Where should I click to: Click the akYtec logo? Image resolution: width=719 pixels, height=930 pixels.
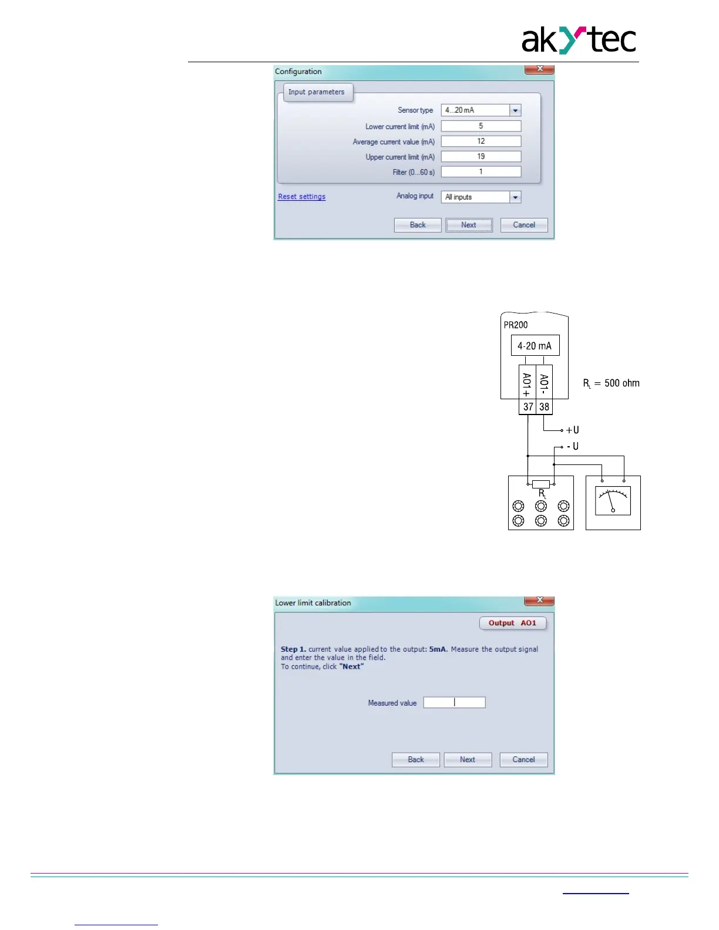(x=579, y=40)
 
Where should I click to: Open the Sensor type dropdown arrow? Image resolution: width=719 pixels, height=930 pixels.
(x=515, y=110)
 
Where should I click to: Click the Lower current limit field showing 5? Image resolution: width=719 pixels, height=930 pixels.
(x=481, y=126)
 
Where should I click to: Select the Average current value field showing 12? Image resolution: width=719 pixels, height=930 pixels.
(x=481, y=141)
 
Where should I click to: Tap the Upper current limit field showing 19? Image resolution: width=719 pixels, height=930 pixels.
(x=481, y=157)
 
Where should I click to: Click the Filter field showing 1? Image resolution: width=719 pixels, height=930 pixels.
(x=481, y=172)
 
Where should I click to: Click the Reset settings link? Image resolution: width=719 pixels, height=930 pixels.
(x=301, y=197)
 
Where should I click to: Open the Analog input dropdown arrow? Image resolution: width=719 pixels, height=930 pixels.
(x=515, y=197)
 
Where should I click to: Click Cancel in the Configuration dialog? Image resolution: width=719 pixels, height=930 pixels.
(x=523, y=225)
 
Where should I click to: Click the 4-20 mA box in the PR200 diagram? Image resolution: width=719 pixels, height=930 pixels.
(x=535, y=346)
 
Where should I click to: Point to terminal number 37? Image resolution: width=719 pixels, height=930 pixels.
(x=528, y=407)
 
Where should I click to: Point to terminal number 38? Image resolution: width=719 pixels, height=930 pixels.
(x=545, y=407)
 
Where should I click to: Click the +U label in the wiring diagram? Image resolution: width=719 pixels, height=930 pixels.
(x=572, y=430)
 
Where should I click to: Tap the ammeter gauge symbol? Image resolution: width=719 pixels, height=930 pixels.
(x=613, y=501)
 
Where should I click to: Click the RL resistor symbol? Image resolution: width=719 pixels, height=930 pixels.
(x=540, y=484)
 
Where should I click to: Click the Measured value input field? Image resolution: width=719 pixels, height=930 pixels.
(x=454, y=703)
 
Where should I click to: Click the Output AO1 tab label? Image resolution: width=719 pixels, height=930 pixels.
(x=512, y=623)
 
